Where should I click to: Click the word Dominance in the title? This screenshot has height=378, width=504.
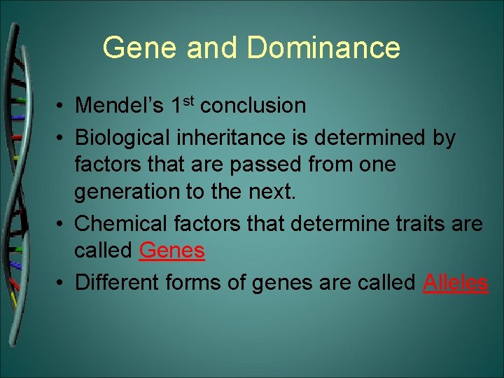point(323,48)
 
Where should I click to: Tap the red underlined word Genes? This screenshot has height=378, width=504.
point(171,250)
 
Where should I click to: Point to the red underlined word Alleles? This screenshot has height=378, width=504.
point(456,282)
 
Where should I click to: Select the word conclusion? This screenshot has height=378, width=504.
point(253,106)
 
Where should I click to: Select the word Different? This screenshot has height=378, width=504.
point(118,282)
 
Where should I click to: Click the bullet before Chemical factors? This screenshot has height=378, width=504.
point(62,225)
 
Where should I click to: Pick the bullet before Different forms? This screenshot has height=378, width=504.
point(62,283)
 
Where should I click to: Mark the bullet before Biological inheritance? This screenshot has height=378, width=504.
point(62,139)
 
